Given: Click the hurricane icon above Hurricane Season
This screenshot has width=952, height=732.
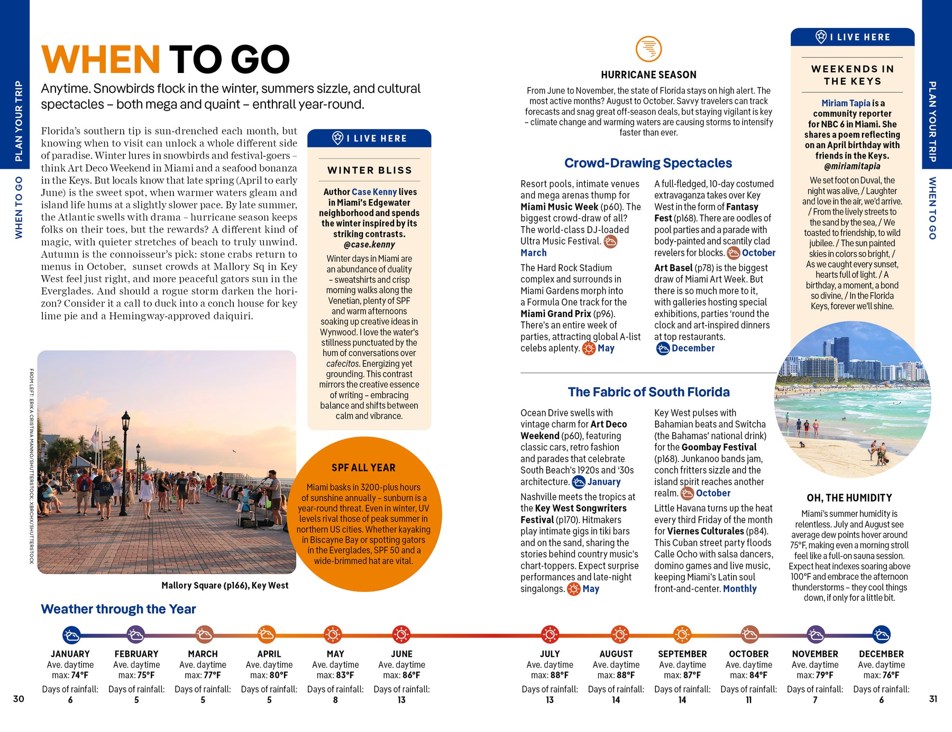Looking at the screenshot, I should click(x=648, y=49).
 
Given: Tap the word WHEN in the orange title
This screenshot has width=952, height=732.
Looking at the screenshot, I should click(x=100, y=59).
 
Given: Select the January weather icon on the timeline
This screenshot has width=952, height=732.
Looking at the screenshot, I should click(x=71, y=634).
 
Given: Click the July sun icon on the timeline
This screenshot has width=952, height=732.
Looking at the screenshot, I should click(x=550, y=634).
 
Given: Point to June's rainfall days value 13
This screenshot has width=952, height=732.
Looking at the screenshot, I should click(x=401, y=700).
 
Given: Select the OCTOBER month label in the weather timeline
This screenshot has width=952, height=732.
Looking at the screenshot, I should click(x=748, y=654).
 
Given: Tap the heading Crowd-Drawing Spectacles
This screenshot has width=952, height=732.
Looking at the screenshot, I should click(x=648, y=163).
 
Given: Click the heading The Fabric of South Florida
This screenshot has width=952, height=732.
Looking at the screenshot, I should click(x=648, y=392).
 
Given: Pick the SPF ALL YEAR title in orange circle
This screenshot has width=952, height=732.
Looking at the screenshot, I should click(x=363, y=468).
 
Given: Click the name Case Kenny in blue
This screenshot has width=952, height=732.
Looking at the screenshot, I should click(x=374, y=192).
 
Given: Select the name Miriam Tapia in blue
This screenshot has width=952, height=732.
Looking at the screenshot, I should click(x=846, y=103).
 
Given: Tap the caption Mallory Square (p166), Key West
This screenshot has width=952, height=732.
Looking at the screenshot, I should click(x=225, y=585).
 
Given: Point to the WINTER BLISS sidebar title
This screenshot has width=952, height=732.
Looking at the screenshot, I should click(x=369, y=170).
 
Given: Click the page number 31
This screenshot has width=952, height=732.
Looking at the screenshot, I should click(x=933, y=699).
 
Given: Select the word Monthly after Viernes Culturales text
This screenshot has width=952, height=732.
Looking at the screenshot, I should click(x=739, y=589).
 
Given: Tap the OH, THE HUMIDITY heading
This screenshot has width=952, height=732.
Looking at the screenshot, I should click(x=849, y=498).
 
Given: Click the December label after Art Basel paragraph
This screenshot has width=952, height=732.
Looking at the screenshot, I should click(x=693, y=348).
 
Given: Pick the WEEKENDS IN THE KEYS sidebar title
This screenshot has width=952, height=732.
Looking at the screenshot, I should click(x=853, y=75).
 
